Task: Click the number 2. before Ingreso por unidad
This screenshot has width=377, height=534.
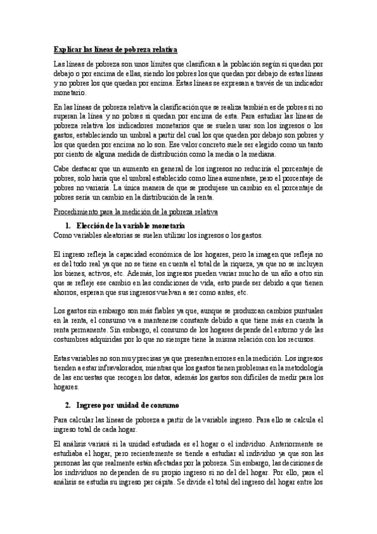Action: click(x=67, y=404)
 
